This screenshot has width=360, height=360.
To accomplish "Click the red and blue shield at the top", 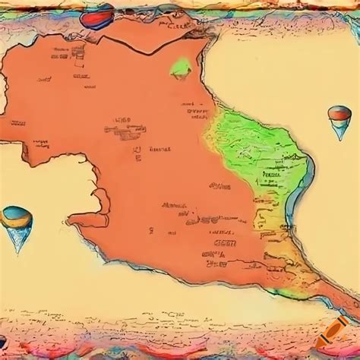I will point(99,13).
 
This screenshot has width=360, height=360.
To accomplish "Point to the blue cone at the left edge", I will point(16,219).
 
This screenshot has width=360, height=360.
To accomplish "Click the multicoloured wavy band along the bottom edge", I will point(180,351).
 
